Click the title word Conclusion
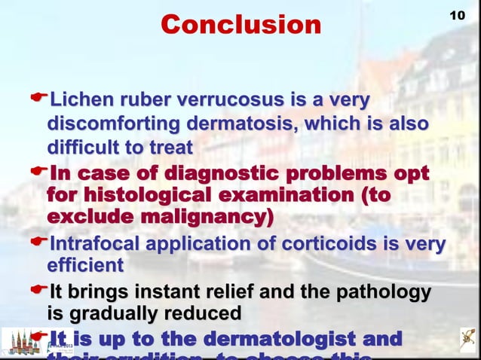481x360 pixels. click(240, 25)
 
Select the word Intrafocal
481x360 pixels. click(94, 245)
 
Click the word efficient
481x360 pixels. click(85, 266)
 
